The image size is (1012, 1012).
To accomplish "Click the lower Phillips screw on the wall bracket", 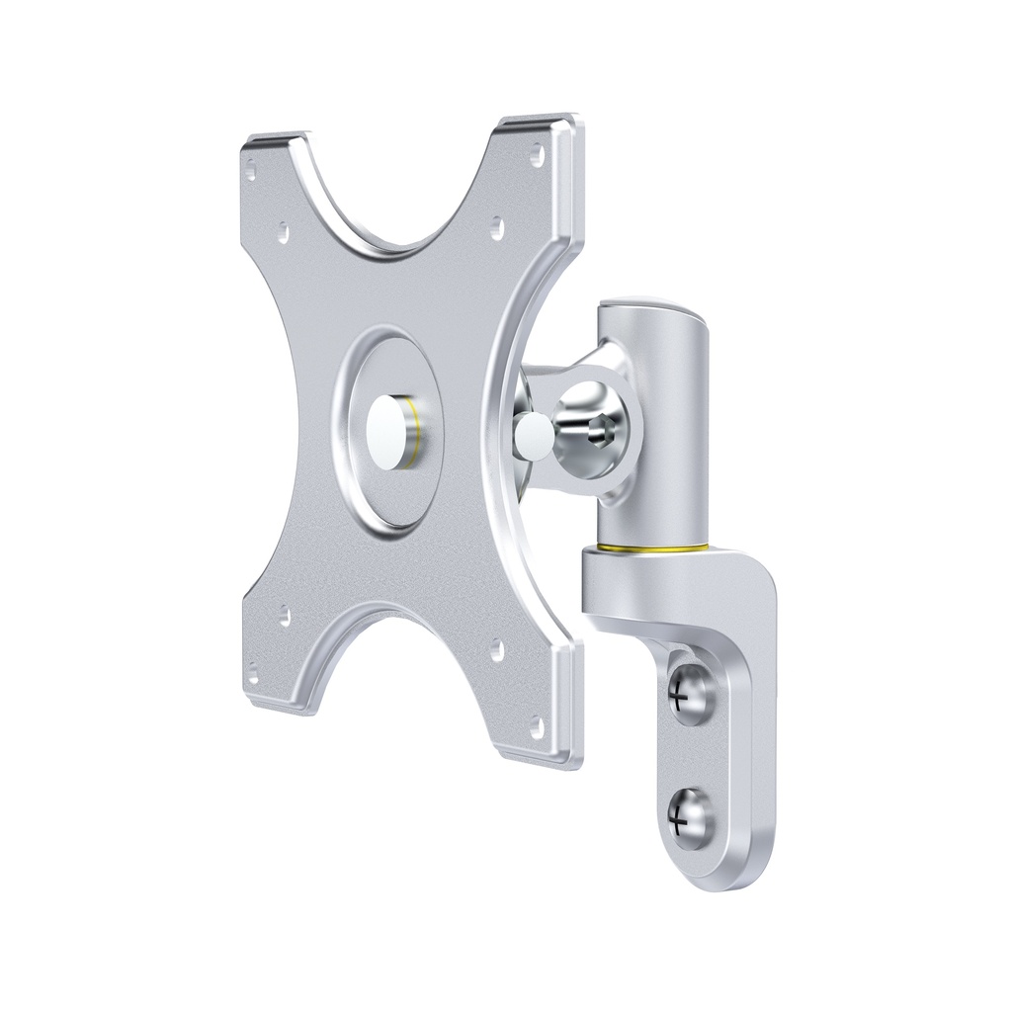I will pos(689,816).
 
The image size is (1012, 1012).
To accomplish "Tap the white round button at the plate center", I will pos(388,431).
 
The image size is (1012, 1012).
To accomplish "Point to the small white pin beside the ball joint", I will pos(534,430).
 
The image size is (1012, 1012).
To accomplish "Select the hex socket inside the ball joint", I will pos(599,431).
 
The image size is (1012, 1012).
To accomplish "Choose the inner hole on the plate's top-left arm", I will pos(283,231).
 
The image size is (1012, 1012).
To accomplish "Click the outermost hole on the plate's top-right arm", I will pos(537,155).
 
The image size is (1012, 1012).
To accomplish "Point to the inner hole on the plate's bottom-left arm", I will pos(284,617).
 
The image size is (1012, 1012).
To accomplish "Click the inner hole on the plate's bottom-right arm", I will pos(496,649).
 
